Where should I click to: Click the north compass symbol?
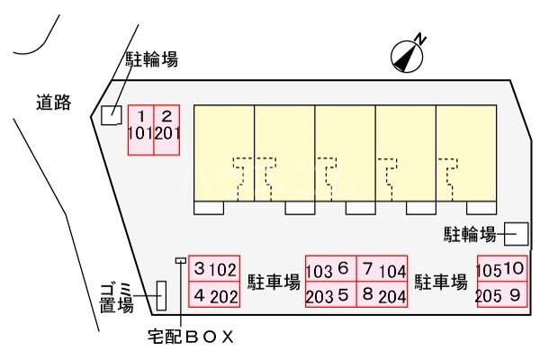tap(407, 56)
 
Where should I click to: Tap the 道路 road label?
tap(54, 103)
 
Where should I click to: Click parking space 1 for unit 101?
tap(141, 130)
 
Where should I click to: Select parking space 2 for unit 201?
tap(166, 130)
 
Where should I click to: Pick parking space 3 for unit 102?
tap(214, 269)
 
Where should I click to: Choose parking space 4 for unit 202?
tap(214, 294)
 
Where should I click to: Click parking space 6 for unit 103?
tap(331, 269)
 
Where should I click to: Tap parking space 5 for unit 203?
tap(331, 294)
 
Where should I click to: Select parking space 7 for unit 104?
tap(382, 269)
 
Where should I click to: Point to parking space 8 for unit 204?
tap(382, 294)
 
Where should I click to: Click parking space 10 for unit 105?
tap(502, 269)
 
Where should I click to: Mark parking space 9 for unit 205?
tap(502, 294)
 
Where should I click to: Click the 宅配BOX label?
tap(191, 337)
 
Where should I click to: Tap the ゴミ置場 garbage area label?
tap(116, 298)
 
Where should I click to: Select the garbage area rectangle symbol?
tap(161, 295)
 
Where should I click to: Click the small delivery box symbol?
tap(181, 260)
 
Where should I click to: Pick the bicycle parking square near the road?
tap(112, 115)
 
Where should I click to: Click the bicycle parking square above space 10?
tap(517, 234)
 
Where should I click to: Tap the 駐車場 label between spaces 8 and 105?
tap(440, 282)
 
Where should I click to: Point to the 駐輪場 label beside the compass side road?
tap(151, 59)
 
